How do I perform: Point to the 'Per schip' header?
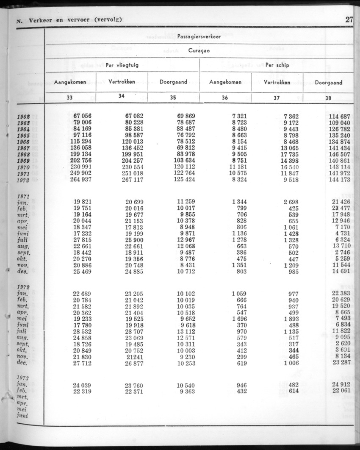pos(277,65)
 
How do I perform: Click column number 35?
pos(173,97)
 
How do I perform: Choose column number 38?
pos(328,97)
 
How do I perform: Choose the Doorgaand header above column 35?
pos(173,82)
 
